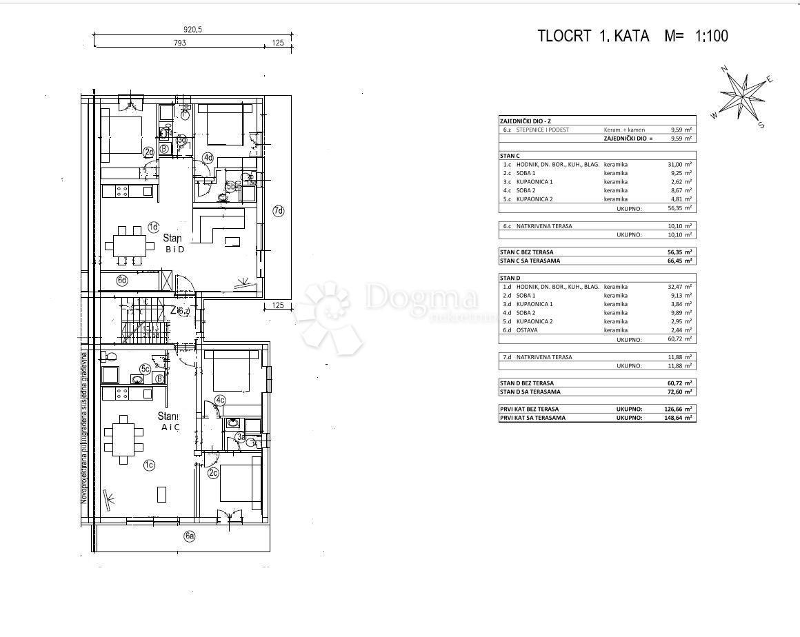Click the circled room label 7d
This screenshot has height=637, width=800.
(278, 211)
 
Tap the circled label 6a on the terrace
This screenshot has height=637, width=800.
(190, 536)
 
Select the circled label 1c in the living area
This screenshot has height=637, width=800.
(148, 465)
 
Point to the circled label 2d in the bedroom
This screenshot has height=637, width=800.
(148, 152)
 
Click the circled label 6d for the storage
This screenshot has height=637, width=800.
(122, 280)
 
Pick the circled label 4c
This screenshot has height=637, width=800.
(220, 400)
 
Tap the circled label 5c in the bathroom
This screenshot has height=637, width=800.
(146, 369)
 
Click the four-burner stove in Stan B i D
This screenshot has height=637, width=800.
(122, 190)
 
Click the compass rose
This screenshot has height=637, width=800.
(743, 98)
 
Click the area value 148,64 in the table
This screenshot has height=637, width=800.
(680, 418)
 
